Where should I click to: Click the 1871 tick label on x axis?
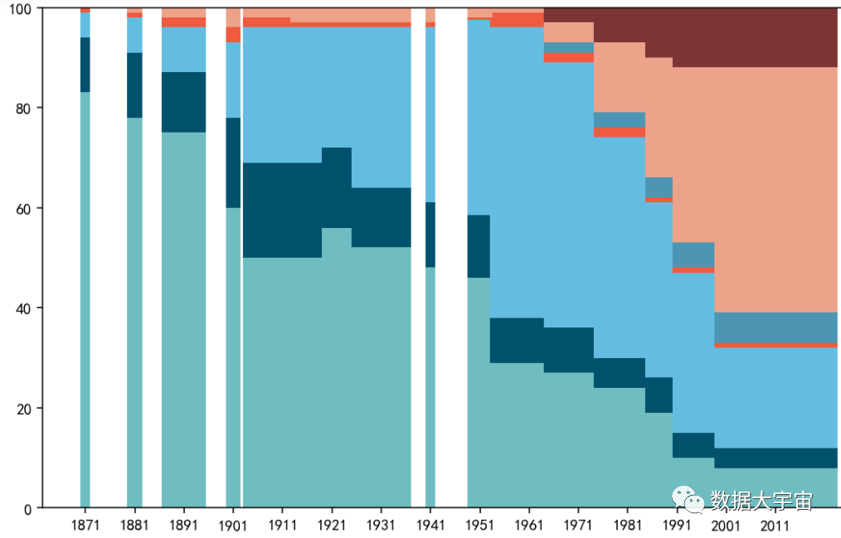(85, 526)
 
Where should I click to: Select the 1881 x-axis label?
(134, 526)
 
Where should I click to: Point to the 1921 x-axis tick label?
(332, 526)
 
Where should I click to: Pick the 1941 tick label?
(430, 526)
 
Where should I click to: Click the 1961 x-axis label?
(528, 526)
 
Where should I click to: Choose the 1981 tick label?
(627, 526)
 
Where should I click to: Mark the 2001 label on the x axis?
(726, 526)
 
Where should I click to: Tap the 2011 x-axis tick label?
(775, 526)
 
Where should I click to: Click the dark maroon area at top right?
(746, 37)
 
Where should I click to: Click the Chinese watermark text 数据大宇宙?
(761, 501)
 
